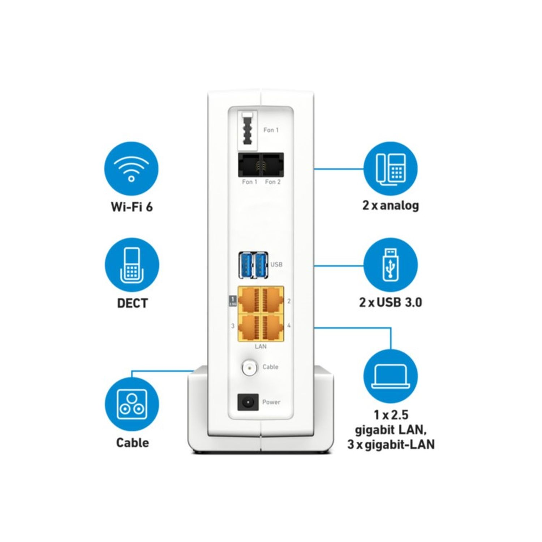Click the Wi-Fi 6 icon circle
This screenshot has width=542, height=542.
coord(132,168)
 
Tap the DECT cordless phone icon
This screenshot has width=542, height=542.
coord(132,265)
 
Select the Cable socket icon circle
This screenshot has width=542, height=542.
coord(132,404)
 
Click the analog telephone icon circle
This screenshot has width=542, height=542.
coord(391,169)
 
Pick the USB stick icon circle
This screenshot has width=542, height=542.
coord(391,265)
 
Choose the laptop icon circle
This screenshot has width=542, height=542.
coord(391,376)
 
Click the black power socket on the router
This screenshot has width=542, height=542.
coord(248,402)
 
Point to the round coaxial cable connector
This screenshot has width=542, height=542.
coord(249,368)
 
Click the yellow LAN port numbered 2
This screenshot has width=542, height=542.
coord(272,300)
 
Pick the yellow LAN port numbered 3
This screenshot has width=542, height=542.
coord(249,327)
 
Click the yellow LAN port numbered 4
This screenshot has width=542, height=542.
coord(272,327)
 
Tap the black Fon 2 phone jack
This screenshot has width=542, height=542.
coord(272,165)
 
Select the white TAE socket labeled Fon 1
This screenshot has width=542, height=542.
coord(248,130)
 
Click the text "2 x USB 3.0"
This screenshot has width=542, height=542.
coord(391,302)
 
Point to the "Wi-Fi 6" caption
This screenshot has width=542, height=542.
coord(132,206)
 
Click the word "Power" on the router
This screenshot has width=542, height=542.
coord(271,402)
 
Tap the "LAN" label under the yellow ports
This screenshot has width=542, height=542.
coord(261,347)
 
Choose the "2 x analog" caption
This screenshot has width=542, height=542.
coord(391,205)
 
